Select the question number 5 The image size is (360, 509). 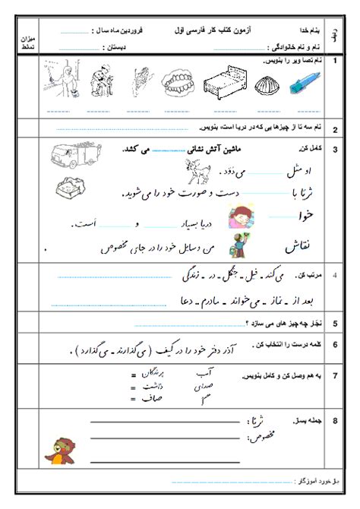point(334,323)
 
